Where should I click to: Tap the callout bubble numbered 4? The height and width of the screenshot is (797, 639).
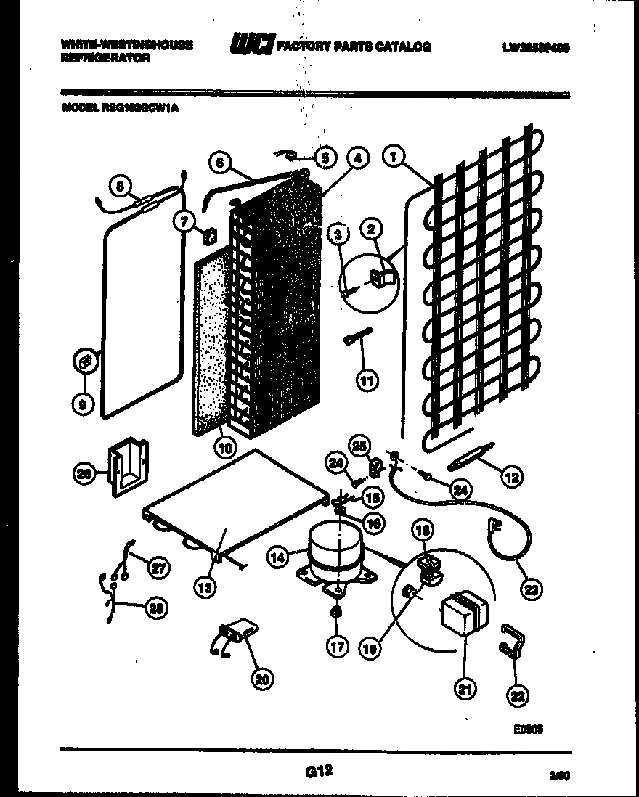tap(357, 157)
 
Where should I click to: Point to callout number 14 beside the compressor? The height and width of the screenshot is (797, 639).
tap(277, 557)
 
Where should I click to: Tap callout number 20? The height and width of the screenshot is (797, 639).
tap(261, 679)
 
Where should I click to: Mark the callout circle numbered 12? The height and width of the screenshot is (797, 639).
tap(512, 477)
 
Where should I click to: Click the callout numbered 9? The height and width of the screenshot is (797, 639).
tap(83, 404)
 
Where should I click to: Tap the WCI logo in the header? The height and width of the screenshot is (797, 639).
tap(251, 46)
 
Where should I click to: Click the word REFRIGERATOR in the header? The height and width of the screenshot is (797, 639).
tap(107, 57)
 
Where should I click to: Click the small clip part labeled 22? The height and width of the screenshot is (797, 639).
tap(511, 639)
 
